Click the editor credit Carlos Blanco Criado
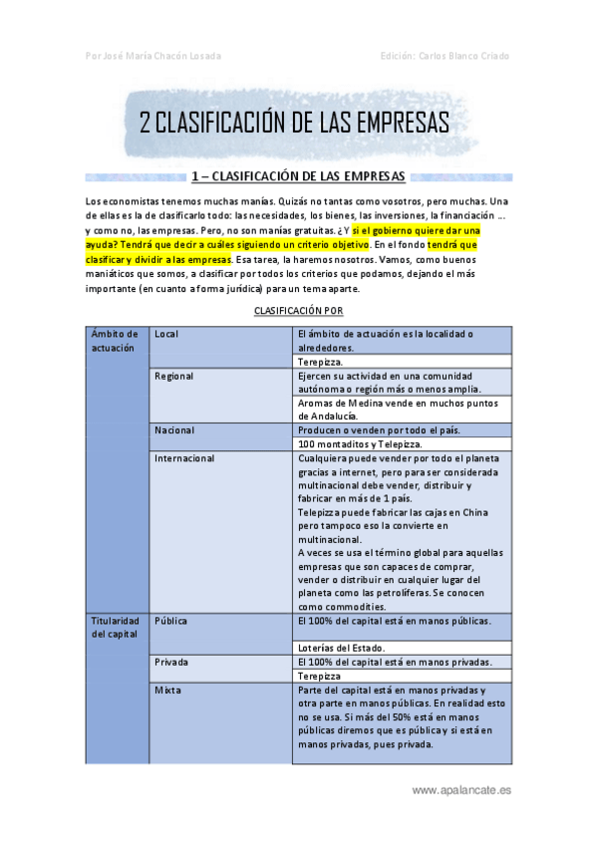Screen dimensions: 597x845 [x=445, y=56]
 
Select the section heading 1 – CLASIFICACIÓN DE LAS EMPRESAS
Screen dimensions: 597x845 [x=298, y=177]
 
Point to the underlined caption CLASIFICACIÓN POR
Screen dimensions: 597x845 [x=298, y=310]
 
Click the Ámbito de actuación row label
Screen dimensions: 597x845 [x=115, y=340]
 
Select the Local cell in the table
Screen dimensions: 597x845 [x=167, y=333]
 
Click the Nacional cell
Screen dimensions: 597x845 [x=174, y=429]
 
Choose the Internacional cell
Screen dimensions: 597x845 [x=184, y=458]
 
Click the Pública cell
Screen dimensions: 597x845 [x=171, y=620]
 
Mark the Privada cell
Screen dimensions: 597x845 [x=172, y=662]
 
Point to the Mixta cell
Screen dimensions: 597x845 [x=167, y=690]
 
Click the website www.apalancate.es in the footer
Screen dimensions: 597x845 [x=461, y=789]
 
